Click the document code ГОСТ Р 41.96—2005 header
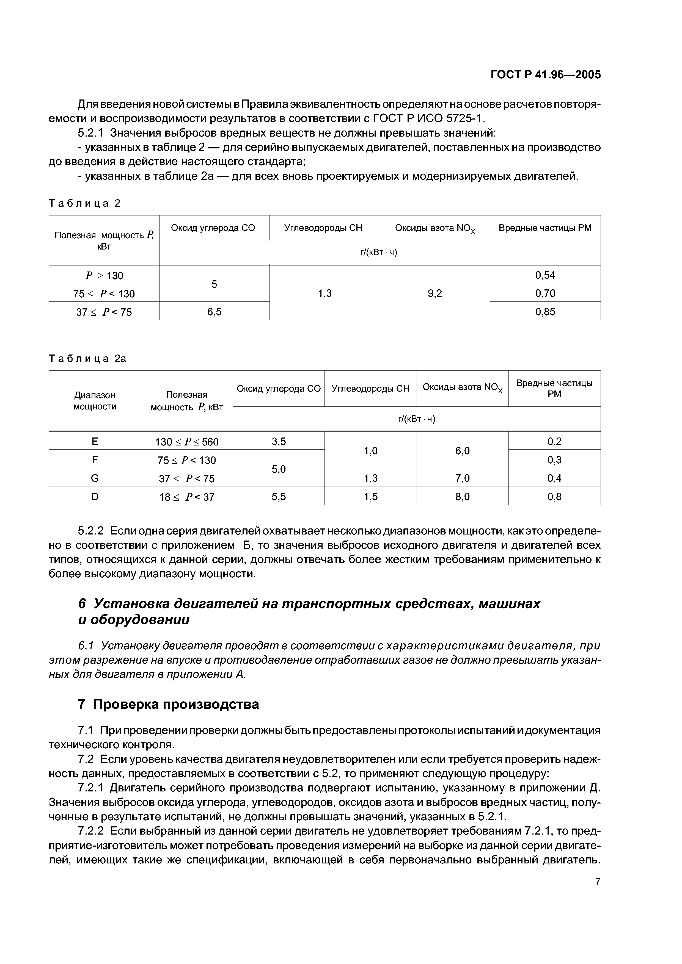[x=545, y=75]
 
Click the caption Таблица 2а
[x=88, y=359]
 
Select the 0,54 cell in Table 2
[x=545, y=275]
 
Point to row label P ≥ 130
[x=104, y=275]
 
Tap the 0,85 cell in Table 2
[x=545, y=312]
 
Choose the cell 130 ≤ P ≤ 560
[x=186, y=442]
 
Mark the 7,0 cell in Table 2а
[x=462, y=478]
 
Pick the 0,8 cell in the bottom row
[x=554, y=497]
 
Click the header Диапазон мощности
[x=95, y=401]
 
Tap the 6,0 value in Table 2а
[x=462, y=450]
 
